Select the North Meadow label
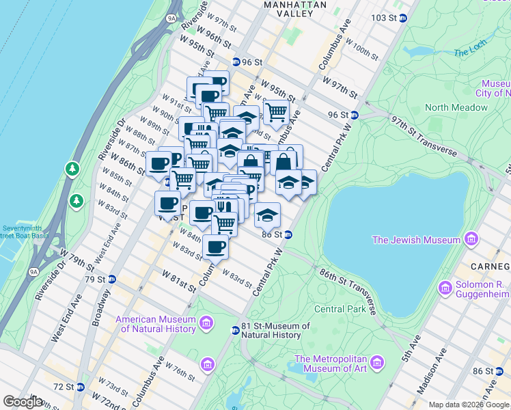456,107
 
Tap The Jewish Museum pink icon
470,240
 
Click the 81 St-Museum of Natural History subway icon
235,330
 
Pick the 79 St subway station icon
112,279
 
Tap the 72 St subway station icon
80,387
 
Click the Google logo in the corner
23,401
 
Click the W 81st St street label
179,280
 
